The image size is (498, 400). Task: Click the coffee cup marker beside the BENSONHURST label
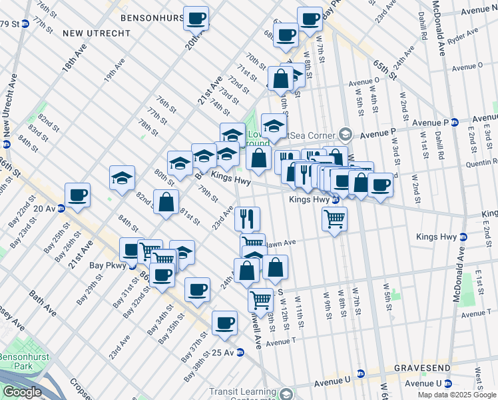pos(196,19)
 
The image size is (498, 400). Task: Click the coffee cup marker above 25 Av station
pos(224,323)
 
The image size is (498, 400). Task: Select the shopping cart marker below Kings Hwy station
pos(334,218)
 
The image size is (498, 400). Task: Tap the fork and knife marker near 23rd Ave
pos(248,217)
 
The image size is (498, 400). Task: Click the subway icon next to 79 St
pos(25,24)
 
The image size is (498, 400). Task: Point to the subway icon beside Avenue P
pos(455,123)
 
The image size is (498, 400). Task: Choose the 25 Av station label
pos(214,352)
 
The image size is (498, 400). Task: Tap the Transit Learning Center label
pos(244,393)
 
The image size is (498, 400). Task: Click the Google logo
pos(22,392)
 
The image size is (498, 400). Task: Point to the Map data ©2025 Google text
pos(457,395)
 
